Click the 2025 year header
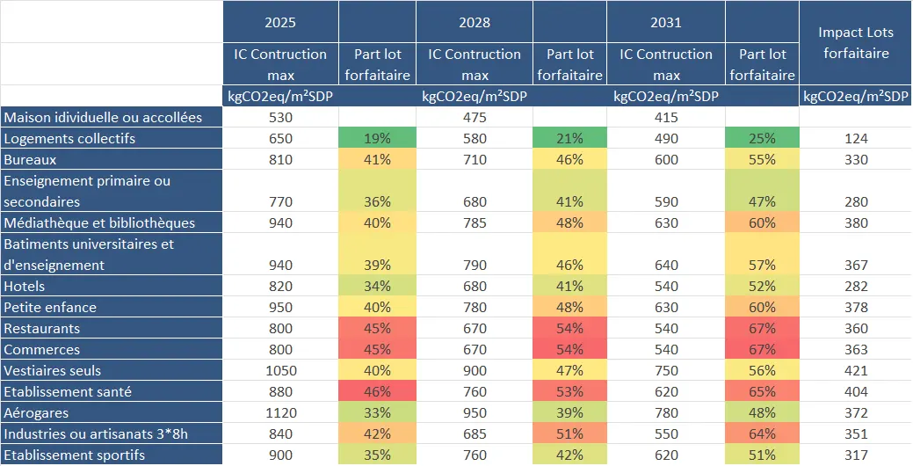(x=280, y=22)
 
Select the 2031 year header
(x=665, y=22)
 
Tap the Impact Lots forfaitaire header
(x=855, y=42)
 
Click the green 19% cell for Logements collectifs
(x=377, y=138)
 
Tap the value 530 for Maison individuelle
(x=280, y=117)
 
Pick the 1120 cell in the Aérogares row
(x=280, y=413)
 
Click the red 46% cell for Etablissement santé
(x=377, y=391)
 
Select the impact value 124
(x=855, y=138)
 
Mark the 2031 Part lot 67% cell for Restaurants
(x=762, y=329)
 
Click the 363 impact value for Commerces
(x=855, y=350)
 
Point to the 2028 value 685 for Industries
(x=475, y=434)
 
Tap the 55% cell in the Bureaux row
(x=762, y=160)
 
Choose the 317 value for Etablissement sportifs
(x=855, y=455)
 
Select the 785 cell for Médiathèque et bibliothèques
(x=475, y=222)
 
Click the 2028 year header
(x=475, y=22)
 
